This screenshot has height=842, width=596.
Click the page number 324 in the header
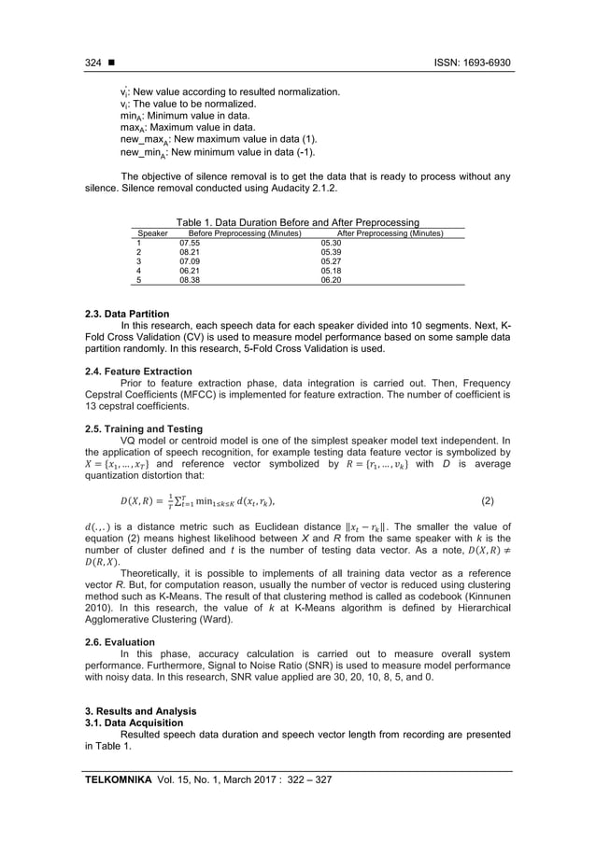[x=92, y=63]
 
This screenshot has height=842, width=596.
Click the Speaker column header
[x=152, y=232]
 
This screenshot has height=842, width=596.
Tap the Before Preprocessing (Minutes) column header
[x=245, y=232]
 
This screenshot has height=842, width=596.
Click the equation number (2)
[x=487, y=500]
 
